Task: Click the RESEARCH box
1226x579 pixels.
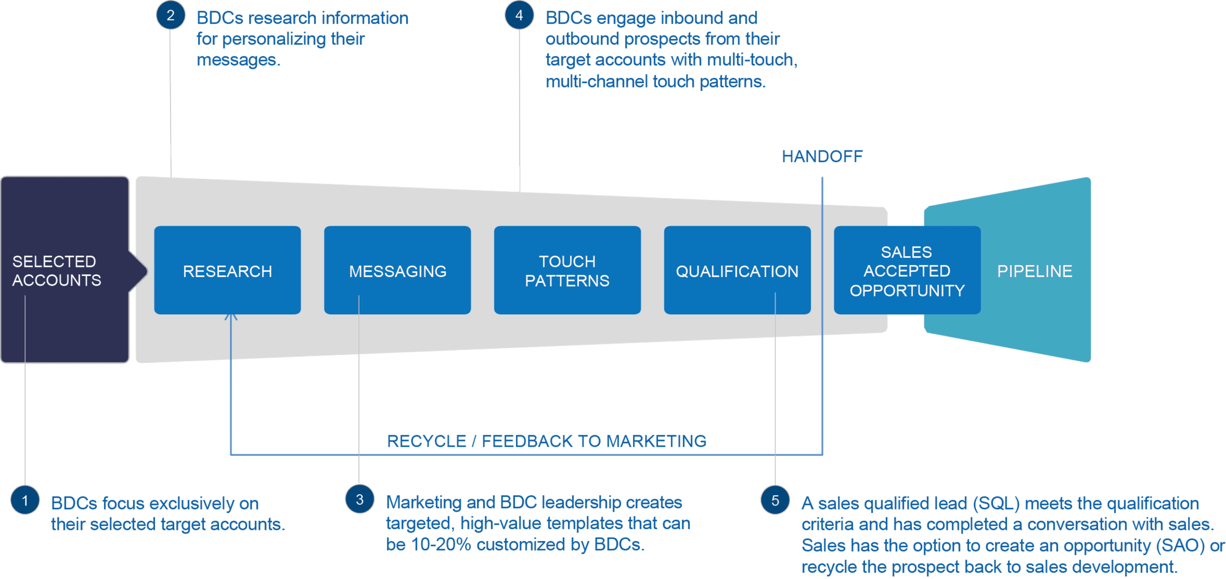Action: point(227,270)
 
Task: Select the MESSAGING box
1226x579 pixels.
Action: point(397,270)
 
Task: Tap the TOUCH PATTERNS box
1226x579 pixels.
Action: point(567,270)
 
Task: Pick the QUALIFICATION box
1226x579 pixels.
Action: point(737,270)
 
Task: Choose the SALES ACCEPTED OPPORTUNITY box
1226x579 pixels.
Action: point(906,270)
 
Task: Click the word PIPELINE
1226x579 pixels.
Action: point(1034,271)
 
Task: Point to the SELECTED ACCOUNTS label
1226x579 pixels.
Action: point(57,271)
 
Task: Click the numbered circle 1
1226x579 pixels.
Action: point(25,500)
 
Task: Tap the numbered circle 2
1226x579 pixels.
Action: point(170,15)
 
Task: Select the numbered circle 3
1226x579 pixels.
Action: point(360,499)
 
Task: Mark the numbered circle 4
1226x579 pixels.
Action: point(519,15)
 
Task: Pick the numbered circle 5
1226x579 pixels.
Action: point(775,500)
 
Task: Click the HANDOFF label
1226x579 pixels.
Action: point(822,157)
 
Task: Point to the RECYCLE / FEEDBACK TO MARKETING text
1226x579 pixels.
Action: point(547,441)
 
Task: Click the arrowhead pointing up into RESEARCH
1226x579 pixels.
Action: point(231,316)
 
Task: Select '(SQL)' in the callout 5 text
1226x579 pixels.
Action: point(996,503)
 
